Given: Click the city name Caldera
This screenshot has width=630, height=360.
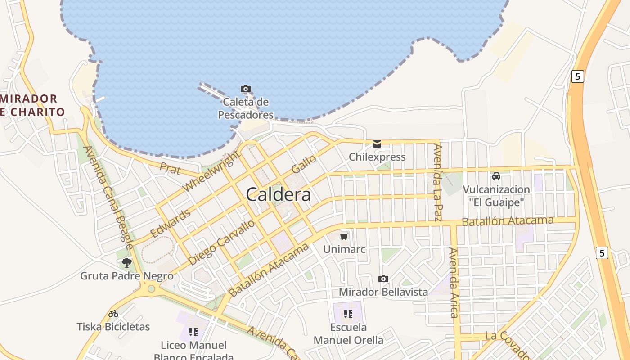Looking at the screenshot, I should coord(279,194).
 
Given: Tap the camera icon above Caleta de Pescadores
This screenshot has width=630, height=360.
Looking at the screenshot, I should coord(246,89).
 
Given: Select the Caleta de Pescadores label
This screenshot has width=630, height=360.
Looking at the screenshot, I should coord(246,108).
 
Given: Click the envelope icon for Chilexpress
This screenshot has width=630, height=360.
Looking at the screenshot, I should coord(377,144).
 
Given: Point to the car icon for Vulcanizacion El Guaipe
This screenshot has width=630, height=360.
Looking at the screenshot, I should coord(496,176).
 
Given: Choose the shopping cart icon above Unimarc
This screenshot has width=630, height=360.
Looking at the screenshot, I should coord(344,236).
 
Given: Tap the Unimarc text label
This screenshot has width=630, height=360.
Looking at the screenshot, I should coord(345,249).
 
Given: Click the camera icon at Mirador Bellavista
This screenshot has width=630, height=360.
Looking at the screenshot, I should coord(383,279).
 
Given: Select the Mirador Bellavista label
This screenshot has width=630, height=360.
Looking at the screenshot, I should coord(383,292).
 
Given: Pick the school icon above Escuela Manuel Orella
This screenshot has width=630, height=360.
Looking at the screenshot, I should coord(348,314).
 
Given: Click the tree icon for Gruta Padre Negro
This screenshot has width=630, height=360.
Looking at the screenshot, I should coord(127,263).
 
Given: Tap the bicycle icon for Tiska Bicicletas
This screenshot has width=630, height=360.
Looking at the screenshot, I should coord(113,314).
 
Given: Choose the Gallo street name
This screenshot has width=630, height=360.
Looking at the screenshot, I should coord(304,165).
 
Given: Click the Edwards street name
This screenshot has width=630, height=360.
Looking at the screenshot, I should coord(171,223).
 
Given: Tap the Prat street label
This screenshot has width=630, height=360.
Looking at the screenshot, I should coord(170,169).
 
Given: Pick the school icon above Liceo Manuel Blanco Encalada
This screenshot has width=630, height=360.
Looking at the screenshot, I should coord(193,332).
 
